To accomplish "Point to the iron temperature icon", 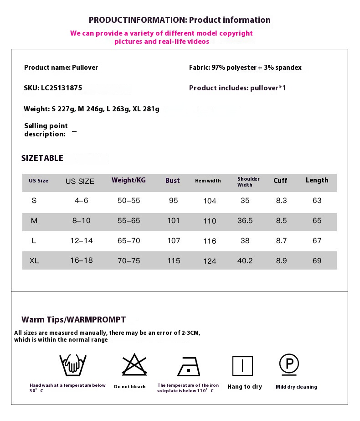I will [188, 366].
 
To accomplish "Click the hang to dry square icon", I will [242, 366].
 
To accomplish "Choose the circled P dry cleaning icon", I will [289, 364].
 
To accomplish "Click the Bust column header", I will [173, 181].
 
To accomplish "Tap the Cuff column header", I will [280, 181].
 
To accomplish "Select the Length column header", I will [317, 180].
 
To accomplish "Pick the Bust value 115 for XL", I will [174, 261].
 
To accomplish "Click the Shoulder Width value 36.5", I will [245, 221].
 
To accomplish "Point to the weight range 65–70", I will [129, 241].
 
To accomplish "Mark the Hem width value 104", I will [210, 201].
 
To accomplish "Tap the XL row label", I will [34, 261].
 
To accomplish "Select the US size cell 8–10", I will [81, 221].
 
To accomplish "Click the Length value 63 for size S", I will [317, 201].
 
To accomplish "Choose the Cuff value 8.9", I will [281, 261].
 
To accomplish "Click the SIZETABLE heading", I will [42, 158].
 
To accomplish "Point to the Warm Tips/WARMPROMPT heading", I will [73, 320].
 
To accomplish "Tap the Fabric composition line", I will [245, 68].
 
